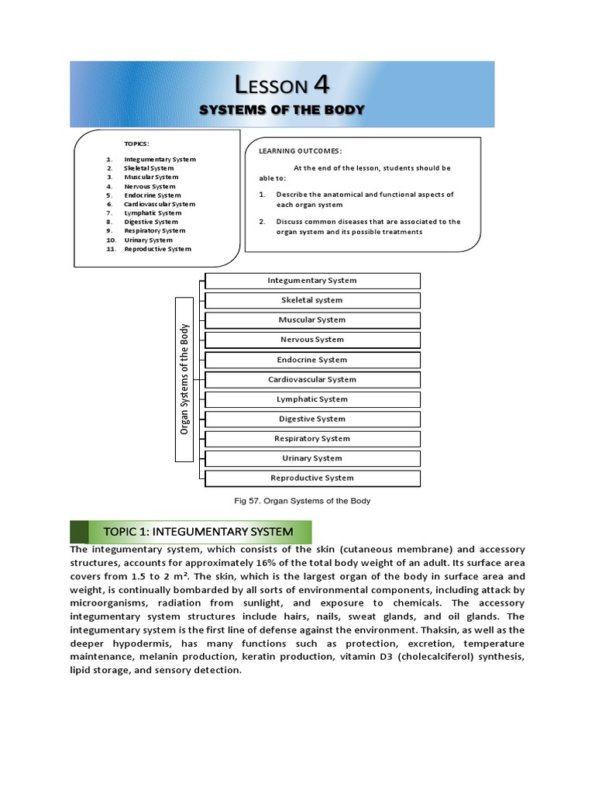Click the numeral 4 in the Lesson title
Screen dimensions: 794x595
(320, 84)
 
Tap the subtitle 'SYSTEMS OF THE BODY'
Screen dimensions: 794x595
(282, 109)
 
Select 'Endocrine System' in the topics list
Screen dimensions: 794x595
(153, 195)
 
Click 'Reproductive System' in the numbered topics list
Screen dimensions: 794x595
(157, 249)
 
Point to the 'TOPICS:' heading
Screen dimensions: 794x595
(136, 143)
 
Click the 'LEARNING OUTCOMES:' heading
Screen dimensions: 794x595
(301, 150)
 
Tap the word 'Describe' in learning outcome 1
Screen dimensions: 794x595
(293, 195)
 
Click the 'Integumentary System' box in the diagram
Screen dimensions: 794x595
(312, 281)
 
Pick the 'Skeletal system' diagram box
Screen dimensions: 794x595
(312, 300)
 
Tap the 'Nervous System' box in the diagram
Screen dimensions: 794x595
(312, 340)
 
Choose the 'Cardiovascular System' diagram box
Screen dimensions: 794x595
(312, 380)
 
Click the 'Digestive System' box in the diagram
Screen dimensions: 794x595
(312, 419)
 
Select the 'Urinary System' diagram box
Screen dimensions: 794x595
(312, 459)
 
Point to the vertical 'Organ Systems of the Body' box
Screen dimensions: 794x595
(185, 379)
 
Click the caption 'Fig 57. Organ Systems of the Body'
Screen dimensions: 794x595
(302, 501)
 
